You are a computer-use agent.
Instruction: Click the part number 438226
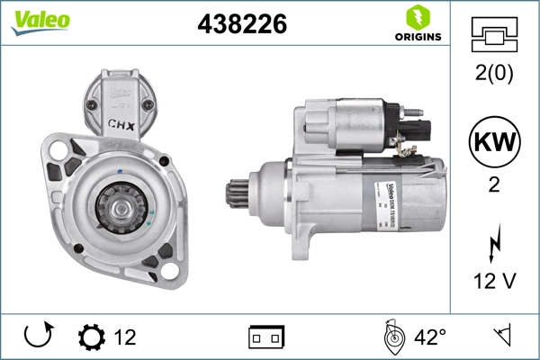pyautogui.click(x=241, y=25)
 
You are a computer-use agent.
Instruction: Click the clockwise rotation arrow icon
pyautogui.click(x=37, y=337)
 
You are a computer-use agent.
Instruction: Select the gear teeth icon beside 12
pyautogui.click(x=91, y=337)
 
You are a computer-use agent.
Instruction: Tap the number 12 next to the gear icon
pyautogui.click(x=125, y=337)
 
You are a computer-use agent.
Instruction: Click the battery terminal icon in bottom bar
pyautogui.click(x=265, y=337)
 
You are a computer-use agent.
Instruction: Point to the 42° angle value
pyautogui.click(x=429, y=337)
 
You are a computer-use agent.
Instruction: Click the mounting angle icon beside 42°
pyautogui.click(x=391, y=337)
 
